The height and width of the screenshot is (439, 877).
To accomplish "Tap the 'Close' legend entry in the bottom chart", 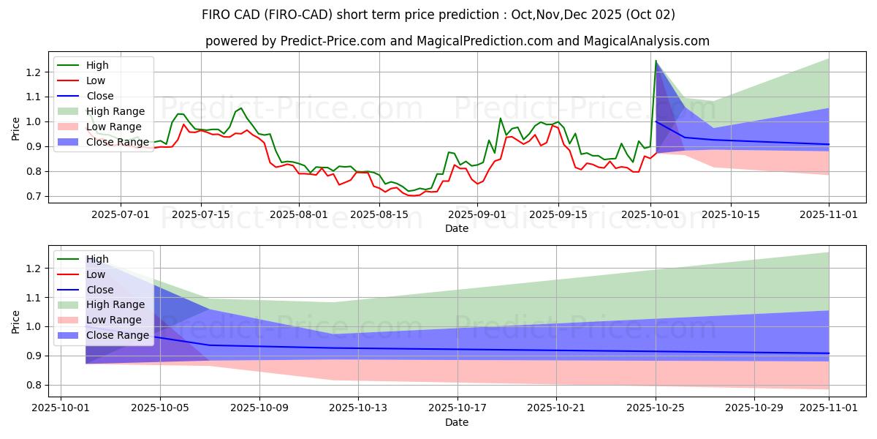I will point(100,290).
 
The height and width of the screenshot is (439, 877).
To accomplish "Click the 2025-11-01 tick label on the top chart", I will point(828,214).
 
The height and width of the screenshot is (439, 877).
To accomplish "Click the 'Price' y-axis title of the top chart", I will point(15,129).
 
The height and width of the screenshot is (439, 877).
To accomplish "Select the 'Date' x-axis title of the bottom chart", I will point(457,423).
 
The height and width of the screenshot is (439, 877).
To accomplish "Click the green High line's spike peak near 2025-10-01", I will point(656,61).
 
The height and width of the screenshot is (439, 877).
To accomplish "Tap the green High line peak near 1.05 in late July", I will point(241,108).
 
